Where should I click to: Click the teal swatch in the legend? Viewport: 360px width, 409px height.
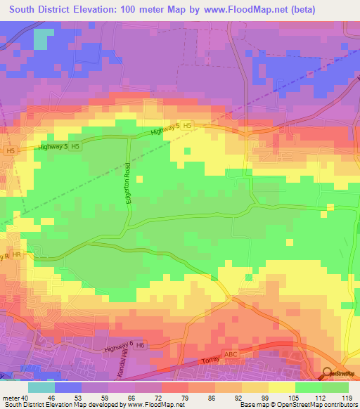[x=41, y=387]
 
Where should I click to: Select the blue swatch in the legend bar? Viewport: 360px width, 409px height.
[x=68, y=387]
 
